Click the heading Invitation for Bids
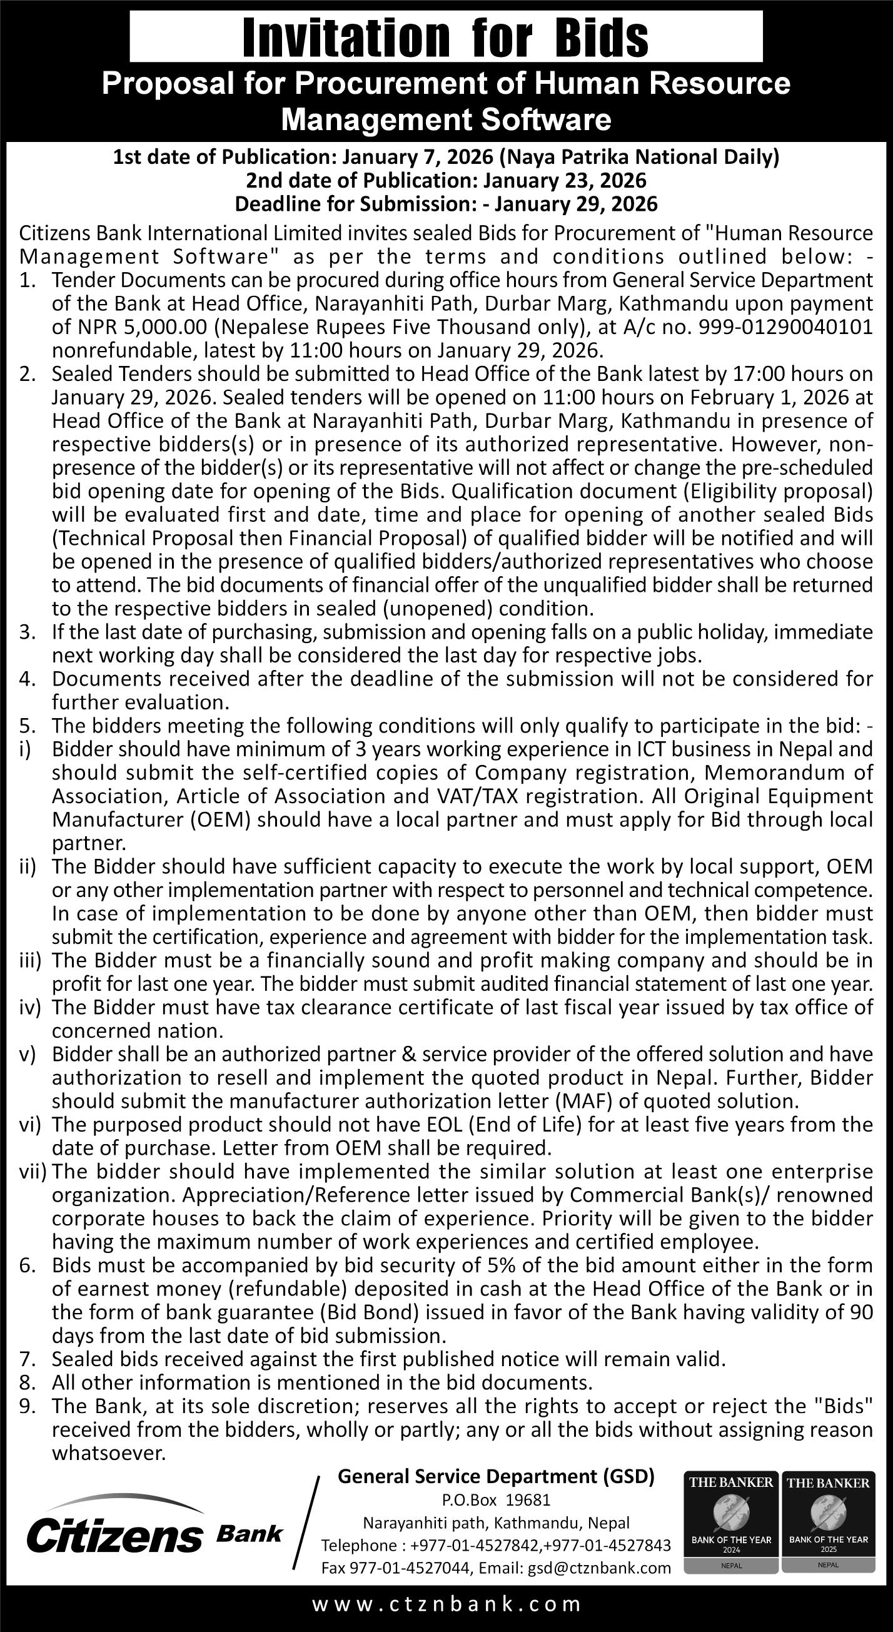[446, 38]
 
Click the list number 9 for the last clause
[26, 1406]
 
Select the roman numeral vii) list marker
[33, 1172]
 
